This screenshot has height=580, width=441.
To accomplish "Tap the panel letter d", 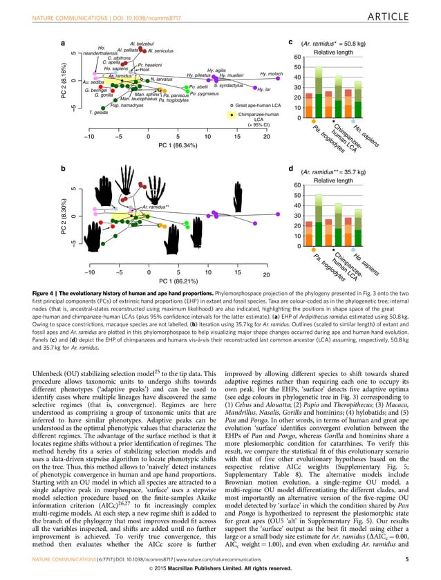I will tap(290, 168).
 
